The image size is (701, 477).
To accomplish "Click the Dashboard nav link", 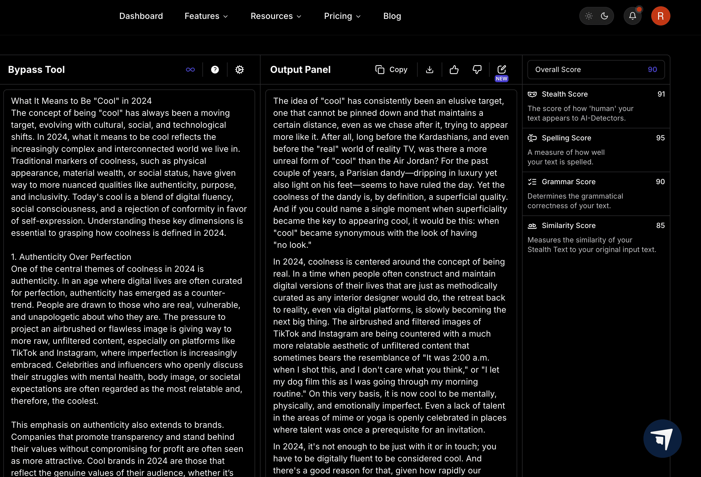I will point(141,16).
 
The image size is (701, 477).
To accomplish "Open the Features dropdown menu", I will point(206,16).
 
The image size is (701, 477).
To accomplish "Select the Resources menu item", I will point(276,16).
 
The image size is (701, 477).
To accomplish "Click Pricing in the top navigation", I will point(342,16).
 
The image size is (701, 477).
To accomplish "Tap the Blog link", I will point(392,16).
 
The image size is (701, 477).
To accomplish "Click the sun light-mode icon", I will point(589,16).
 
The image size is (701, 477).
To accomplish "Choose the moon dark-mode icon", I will point(604,16).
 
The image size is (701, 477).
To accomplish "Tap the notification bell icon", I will point(632,16).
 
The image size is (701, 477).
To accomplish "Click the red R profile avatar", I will point(660,16).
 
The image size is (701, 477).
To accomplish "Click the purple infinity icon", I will point(190,70).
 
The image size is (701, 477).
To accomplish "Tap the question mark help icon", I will point(215,70).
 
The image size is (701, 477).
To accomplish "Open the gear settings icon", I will point(239,70).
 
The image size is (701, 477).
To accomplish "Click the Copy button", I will point(391,70).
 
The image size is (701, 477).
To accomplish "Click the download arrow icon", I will point(429,70).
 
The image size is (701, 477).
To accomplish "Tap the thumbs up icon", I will point(454,70).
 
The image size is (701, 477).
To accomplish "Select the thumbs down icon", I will point(477,70).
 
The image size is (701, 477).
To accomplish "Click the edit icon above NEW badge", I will point(501,69).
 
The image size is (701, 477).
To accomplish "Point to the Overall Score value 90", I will point(652,69).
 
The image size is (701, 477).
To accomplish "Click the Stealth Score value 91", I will point(661,94).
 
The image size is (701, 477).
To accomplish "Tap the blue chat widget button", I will point(662,438).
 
